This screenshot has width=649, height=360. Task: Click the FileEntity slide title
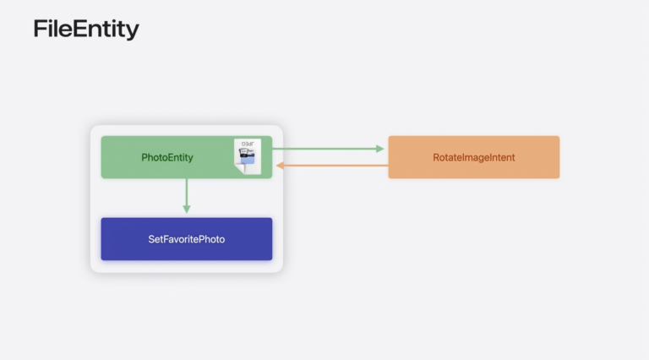click(86, 30)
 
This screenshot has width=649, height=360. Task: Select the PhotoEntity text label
click(168, 157)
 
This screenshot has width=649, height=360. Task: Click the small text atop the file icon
click(250, 145)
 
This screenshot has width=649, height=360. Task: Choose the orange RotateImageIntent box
click(473, 157)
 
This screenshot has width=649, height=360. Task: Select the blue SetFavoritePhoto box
click(187, 239)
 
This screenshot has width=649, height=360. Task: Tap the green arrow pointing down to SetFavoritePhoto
click(187, 196)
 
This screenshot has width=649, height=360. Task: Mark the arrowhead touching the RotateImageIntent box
click(379, 149)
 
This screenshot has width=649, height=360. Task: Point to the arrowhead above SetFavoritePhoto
click(187, 209)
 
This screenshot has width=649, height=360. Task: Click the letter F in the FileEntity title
click(40, 30)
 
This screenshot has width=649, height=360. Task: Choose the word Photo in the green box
click(155, 157)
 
